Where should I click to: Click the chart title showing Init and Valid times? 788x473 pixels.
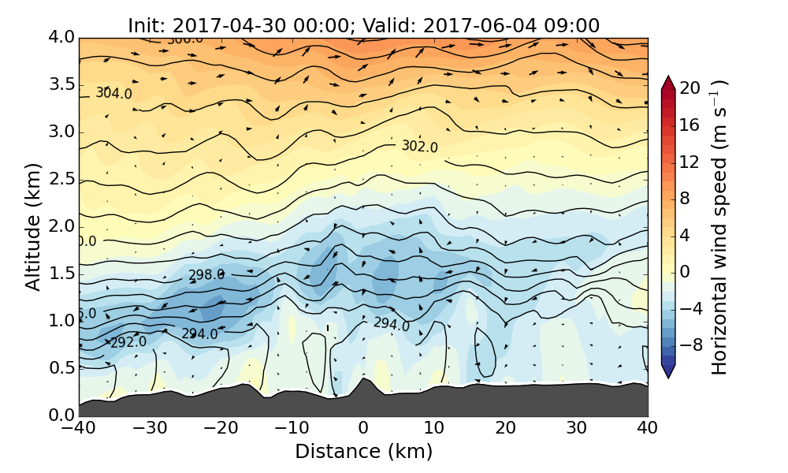363,25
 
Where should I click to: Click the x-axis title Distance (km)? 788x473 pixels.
363,452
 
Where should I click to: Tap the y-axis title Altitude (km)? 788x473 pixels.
33,227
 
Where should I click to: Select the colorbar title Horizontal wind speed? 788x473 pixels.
719,227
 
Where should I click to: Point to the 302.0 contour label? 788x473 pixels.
419,146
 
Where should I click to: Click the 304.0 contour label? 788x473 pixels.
114,93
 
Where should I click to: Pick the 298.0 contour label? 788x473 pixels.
206,275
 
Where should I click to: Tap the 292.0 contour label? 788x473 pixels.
128,342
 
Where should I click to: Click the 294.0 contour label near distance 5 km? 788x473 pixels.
391,324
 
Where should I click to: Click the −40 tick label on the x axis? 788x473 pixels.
79,429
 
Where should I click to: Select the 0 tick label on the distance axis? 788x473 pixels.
363,429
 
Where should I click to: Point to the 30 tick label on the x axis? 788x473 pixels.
577,429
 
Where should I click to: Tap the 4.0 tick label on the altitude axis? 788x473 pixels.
61,38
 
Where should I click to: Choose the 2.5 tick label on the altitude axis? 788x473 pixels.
61,180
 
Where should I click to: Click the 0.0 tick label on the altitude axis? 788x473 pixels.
61,415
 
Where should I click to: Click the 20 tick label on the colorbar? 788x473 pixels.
690,88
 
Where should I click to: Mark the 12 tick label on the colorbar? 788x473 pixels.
690,162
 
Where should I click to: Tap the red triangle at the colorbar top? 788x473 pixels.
668,82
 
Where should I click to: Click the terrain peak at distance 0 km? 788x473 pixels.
362,379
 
